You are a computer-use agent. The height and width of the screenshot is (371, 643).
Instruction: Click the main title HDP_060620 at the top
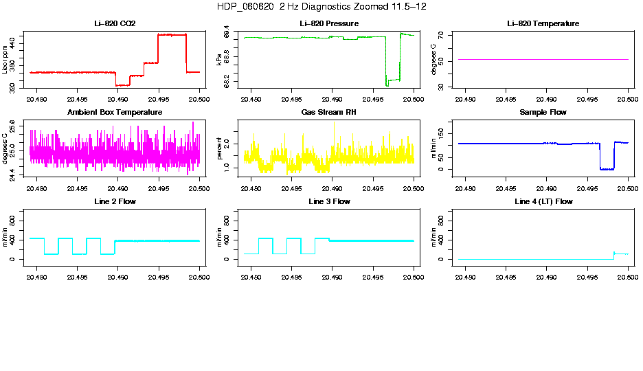[x=321, y=6]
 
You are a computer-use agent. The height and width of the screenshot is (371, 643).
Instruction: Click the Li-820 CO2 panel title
[x=115, y=24]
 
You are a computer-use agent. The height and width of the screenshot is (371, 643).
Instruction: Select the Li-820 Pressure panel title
[x=328, y=24]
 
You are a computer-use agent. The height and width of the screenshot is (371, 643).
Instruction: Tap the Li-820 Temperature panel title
[x=543, y=24]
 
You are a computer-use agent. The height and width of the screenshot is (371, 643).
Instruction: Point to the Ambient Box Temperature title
[x=115, y=113]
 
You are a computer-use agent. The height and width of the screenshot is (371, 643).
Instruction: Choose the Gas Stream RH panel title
[x=328, y=113]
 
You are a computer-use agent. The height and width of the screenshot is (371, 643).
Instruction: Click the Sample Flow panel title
[x=543, y=113]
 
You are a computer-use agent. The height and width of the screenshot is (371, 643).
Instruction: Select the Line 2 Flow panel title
[x=115, y=201]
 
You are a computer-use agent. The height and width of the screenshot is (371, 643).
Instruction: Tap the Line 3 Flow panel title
[x=328, y=201]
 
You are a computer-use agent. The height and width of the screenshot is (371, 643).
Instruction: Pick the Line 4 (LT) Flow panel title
[x=543, y=201]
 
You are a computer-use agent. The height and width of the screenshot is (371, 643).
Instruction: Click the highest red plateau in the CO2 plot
[x=172, y=34]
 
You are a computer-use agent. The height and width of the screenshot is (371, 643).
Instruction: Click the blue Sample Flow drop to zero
[x=607, y=168]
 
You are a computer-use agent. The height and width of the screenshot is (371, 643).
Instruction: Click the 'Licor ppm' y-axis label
[x=5, y=60]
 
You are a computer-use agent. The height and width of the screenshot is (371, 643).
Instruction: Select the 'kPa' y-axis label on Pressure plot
[x=220, y=60]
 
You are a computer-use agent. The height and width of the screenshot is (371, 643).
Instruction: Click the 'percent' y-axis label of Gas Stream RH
[x=220, y=148]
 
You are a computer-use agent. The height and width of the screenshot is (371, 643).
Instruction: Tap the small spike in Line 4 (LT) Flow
[x=613, y=252]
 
